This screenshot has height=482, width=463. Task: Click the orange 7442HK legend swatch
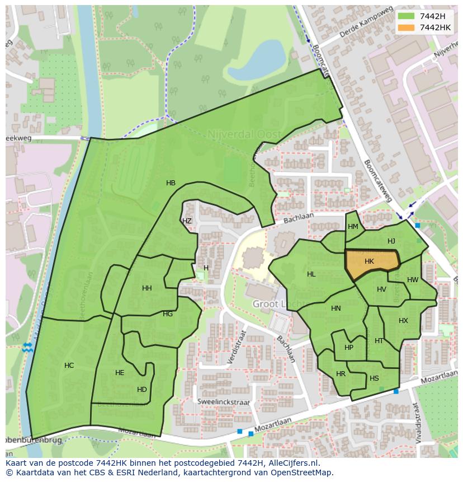coord(407,27)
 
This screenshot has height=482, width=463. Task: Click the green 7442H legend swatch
coord(407,16)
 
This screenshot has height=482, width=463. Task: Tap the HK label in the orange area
coord(369,261)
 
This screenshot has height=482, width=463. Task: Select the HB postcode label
coord(171,183)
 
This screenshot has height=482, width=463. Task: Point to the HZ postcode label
coord(187,221)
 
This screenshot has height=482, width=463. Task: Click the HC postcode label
coord(69,366)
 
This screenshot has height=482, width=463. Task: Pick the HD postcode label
coord(142,390)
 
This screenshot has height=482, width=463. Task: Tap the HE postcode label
coord(120,373)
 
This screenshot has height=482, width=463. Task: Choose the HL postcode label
coord(311,274)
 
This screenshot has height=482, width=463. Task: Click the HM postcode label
coord(353,227)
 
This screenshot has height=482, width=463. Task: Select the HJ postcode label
coord(391,241)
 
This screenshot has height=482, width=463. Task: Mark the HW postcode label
coord(413,280)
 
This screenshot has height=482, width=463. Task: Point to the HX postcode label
coord(403,321)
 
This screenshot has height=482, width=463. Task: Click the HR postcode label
coord(341,374)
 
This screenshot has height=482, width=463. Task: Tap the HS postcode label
coord(374,378)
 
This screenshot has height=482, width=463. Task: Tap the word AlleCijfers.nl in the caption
coord(291,463)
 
